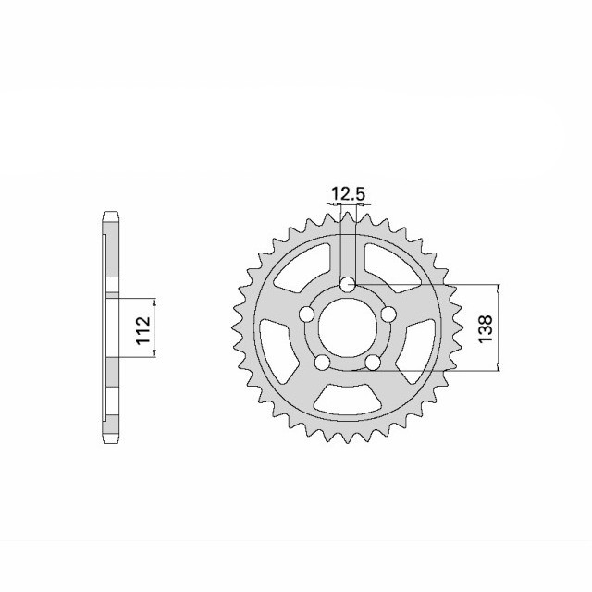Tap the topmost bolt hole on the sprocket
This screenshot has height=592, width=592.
click(348, 284)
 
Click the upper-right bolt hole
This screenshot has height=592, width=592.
click(388, 314)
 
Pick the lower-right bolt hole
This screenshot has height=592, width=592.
click(373, 363)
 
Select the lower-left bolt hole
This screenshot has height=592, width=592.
click(322, 363)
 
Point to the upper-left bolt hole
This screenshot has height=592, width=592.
click(306, 314)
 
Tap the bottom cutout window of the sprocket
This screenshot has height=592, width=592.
click(348, 399)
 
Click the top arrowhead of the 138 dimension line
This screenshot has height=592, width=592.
click(499, 288)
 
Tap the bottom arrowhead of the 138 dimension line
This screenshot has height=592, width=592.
click(499, 369)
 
